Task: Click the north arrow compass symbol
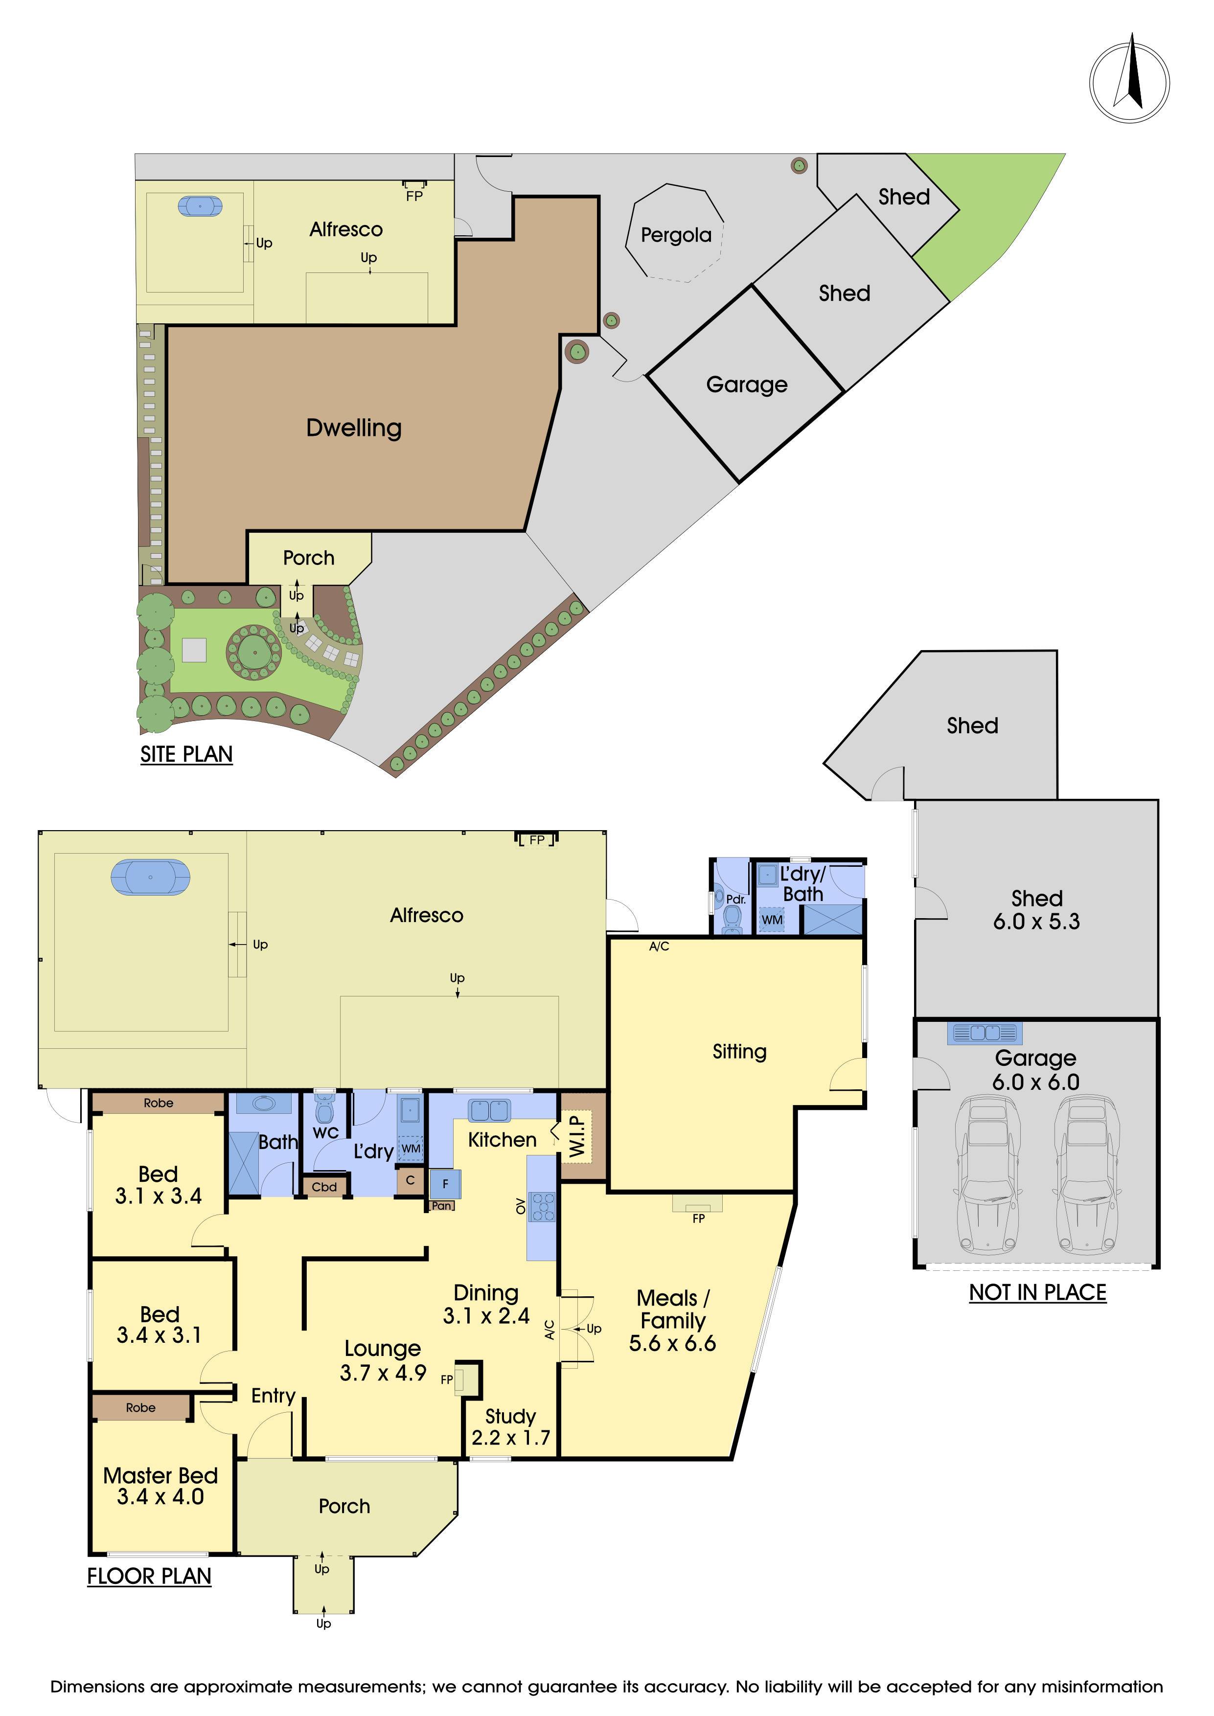click(1129, 82)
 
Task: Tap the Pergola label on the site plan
click(676, 235)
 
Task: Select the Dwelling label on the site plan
click(354, 428)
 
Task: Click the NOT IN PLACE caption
click(1037, 1292)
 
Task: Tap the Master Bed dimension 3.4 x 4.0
click(160, 1496)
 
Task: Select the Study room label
click(510, 1416)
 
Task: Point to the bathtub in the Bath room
click(263, 1104)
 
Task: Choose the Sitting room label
click(739, 1052)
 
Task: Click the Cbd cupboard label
click(324, 1187)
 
